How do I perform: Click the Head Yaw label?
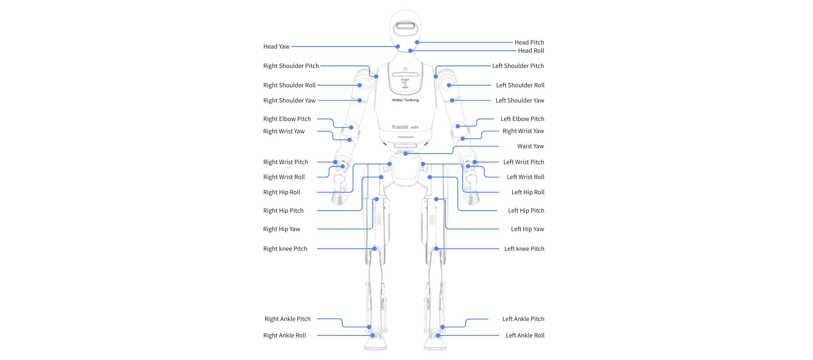[x=276, y=47]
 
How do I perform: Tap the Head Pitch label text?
[x=529, y=42]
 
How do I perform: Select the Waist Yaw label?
[x=530, y=146]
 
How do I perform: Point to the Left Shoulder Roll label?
[x=520, y=85]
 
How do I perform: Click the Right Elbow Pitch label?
[x=287, y=119]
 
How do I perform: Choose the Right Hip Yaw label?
[x=281, y=229]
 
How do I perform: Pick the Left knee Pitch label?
[x=524, y=249]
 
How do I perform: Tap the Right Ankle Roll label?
[x=284, y=335]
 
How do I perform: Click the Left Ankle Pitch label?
[x=523, y=319]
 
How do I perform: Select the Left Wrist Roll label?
[x=525, y=177]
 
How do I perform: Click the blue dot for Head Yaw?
[x=398, y=47]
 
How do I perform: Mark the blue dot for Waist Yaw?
[x=406, y=154]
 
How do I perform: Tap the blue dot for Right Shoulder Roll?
[x=359, y=85]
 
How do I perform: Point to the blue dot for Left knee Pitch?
[x=436, y=249]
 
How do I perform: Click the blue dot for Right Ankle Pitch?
[x=369, y=327]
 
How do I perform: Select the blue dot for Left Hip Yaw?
[x=436, y=199]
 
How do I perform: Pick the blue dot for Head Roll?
[x=410, y=51]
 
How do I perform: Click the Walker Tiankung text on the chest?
[x=405, y=100]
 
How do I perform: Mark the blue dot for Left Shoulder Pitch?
[x=436, y=77]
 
